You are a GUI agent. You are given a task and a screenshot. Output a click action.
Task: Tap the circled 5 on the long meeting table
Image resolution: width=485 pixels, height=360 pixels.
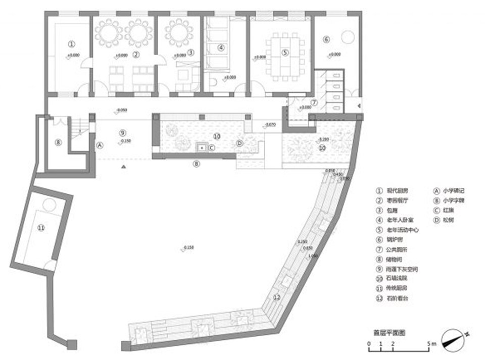[x=284, y=52]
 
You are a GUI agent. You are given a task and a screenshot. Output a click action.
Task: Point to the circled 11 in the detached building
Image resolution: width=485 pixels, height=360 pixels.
[x=41, y=228]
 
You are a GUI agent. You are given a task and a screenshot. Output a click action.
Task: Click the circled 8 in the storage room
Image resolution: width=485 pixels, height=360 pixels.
[x=58, y=142]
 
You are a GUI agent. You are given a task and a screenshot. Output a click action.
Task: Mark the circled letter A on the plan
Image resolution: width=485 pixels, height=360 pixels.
[x=99, y=144]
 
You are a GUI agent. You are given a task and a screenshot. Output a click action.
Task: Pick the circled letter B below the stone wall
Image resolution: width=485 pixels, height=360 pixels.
[x=197, y=164]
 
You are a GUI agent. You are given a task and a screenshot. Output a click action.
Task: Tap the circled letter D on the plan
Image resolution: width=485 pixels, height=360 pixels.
[x=240, y=144]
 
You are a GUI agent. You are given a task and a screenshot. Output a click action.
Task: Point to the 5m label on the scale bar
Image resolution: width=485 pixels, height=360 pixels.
[x=432, y=344]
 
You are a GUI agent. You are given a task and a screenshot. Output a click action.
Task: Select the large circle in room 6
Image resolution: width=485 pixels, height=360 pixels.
[x=347, y=37]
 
